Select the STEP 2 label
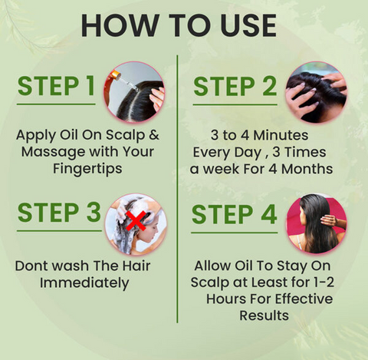tap(235, 86)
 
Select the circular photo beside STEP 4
tap(315, 224)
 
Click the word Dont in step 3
tap(32, 266)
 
